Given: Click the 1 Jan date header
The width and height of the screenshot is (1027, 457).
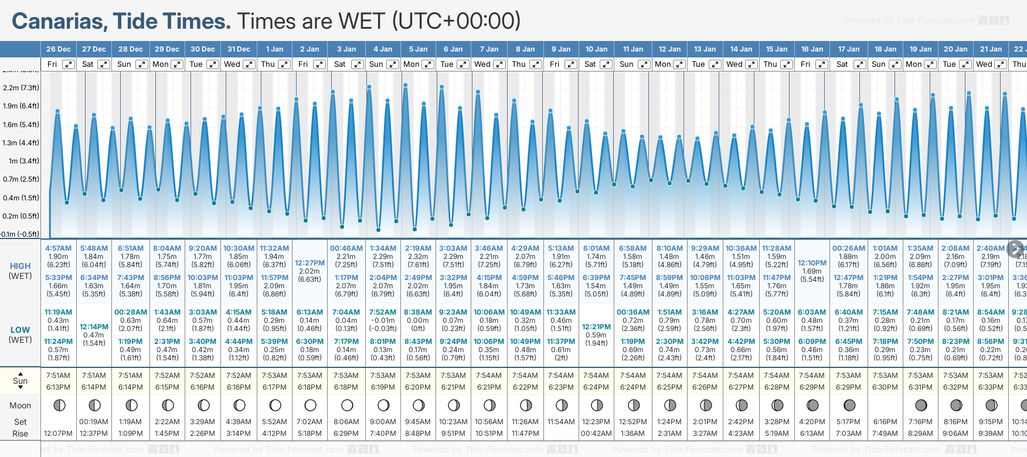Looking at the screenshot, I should [x=274, y=49].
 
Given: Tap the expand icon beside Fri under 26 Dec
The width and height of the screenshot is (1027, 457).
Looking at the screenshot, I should [x=69, y=64].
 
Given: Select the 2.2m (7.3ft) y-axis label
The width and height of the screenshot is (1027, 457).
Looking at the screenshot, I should [x=21, y=88].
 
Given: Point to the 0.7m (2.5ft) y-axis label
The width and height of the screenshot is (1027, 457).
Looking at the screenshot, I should [x=21, y=179].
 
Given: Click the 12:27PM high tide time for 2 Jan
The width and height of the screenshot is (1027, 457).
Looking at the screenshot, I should [x=310, y=263].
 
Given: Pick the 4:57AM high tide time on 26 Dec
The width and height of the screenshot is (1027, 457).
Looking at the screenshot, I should [x=58, y=248].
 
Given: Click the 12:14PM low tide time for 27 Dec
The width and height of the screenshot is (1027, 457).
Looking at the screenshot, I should [x=94, y=327].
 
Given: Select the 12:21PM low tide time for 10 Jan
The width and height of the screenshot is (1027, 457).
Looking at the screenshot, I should [x=596, y=327].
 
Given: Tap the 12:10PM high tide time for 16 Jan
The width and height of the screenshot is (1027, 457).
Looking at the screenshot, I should [x=812, y=263].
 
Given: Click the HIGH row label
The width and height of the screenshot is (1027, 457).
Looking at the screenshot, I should [x=20, y=266].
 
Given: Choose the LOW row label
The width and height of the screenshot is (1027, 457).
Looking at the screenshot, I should [x=20, y=330].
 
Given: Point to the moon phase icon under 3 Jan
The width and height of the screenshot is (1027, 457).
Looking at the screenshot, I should [x=346, y=405].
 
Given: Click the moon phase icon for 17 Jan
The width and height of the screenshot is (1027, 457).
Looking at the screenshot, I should [x=848, y=405].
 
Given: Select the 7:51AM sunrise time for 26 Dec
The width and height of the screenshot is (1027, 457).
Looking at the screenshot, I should [x=58, y=376].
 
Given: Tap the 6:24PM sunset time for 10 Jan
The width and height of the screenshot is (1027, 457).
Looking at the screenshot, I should [x=596, y=387].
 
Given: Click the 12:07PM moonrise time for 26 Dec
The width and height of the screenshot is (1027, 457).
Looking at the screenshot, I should [x=58, y=434].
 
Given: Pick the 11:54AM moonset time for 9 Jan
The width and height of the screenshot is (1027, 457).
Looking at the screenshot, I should [x=560, y=422].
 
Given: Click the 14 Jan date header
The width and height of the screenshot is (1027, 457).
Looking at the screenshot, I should [x=741, y=49].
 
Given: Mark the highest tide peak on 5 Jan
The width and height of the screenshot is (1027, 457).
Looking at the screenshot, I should [x=405, y=86].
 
